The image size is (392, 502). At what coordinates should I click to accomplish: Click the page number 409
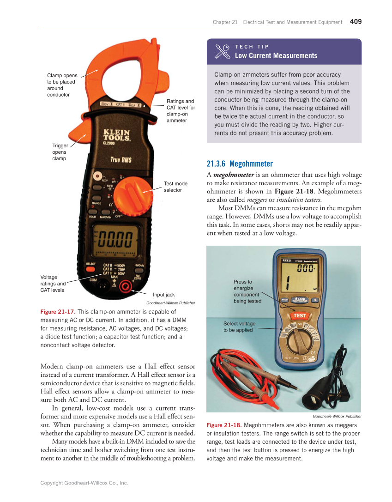(x=356, y=21)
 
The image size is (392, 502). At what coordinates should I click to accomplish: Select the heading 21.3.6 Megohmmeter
(x=240, y=163)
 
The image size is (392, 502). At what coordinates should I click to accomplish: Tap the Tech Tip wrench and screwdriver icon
(x=223, y=51)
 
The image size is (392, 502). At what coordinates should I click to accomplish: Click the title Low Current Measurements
(x=276, y=56)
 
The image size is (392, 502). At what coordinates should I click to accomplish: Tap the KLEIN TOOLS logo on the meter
(x=116, y=135)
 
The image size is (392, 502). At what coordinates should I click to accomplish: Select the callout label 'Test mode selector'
(x=175, y=187)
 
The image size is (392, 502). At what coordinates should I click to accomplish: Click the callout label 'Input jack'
(x=164, y=295)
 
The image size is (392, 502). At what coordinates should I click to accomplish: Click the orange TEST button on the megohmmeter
(x=300, y=316)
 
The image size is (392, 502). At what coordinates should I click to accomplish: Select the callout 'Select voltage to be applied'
(x=239, y=327)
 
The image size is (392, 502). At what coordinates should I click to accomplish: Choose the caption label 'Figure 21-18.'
(x=224, y=425)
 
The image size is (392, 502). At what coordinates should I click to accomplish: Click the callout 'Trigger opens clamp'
(x=60, y=152)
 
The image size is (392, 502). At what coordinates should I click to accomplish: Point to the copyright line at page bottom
(x=84, y=483)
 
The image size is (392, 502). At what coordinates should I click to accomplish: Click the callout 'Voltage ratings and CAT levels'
(x=53, y=284)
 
